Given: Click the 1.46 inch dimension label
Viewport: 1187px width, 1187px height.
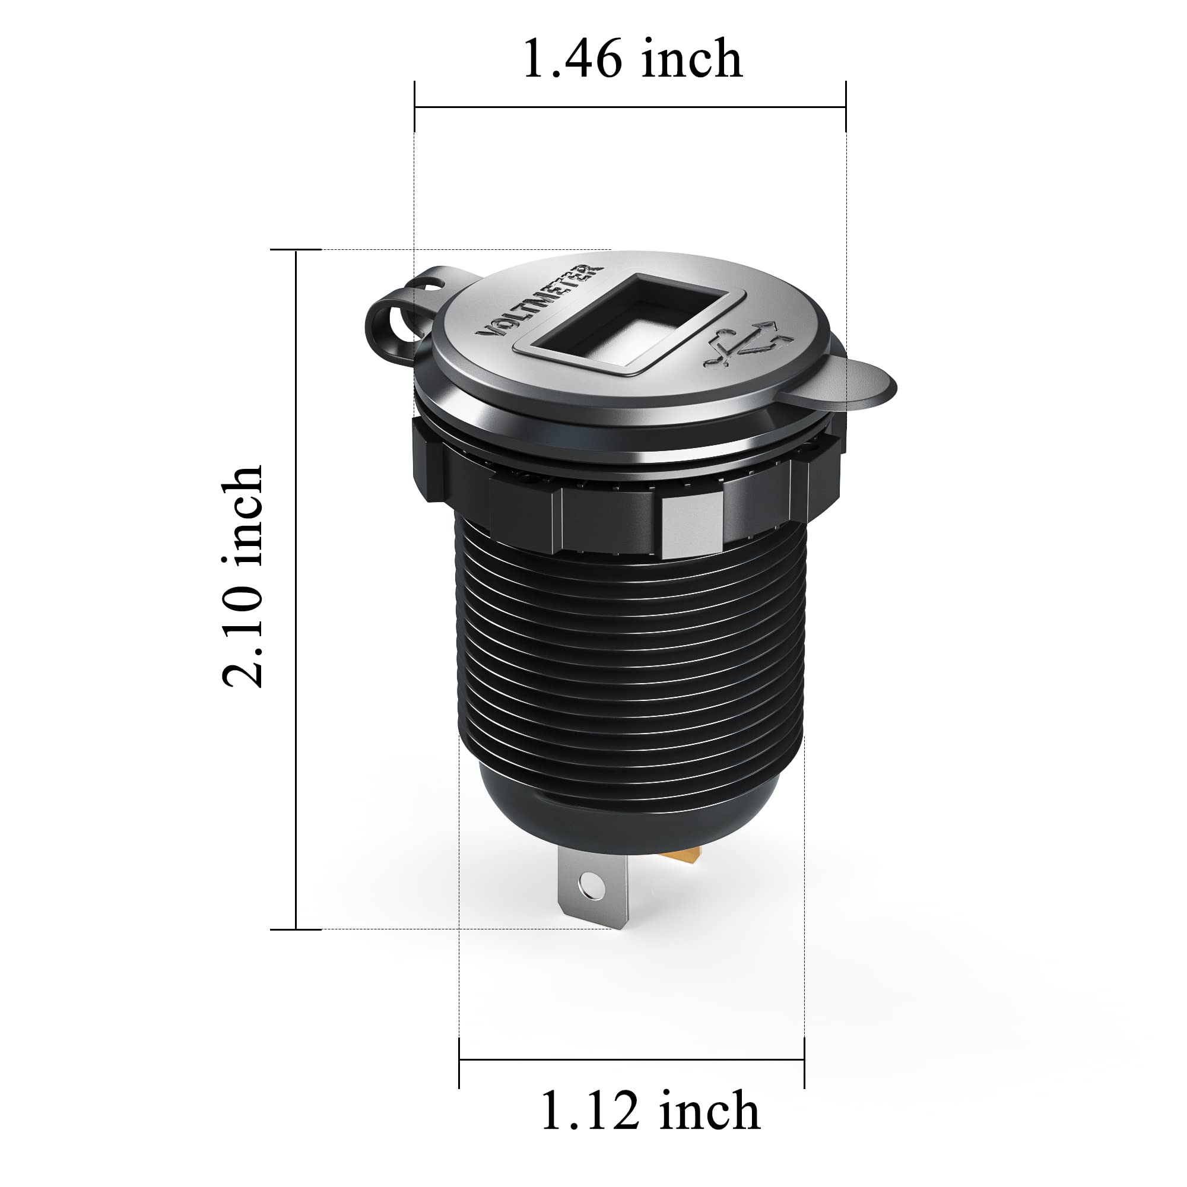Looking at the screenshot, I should (x=633, y=59).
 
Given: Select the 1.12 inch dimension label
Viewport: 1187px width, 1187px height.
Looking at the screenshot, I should (x=650, y=1112).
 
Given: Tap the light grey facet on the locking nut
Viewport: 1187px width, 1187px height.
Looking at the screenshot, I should (x=691, y=525).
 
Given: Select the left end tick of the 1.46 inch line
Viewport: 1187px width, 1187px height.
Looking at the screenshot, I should (x=415, y=107).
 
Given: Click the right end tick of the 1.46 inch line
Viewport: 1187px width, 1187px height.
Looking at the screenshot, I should (x=846, y=107).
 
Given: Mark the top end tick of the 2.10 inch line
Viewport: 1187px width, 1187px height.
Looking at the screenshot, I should (x=296, y=250).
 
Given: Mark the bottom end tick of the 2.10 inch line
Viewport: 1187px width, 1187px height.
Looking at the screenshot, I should (x=296, y=929).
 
